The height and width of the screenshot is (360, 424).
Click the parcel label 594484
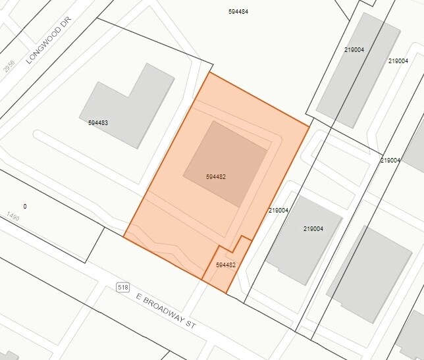[238, 12]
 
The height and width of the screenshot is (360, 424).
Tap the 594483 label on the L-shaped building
[98, 122]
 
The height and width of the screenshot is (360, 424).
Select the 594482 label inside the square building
[216, 177]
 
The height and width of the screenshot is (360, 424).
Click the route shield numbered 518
[122, 287]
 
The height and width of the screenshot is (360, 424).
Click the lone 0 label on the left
[25, 207]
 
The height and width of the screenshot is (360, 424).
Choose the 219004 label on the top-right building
[354, 49]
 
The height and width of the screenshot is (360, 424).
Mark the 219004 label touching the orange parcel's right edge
[278, 211]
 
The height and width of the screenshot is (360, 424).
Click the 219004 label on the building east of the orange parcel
[313, 229]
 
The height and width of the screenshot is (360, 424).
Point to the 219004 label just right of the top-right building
[398, 61]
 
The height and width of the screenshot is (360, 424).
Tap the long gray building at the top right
[359, 72]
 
